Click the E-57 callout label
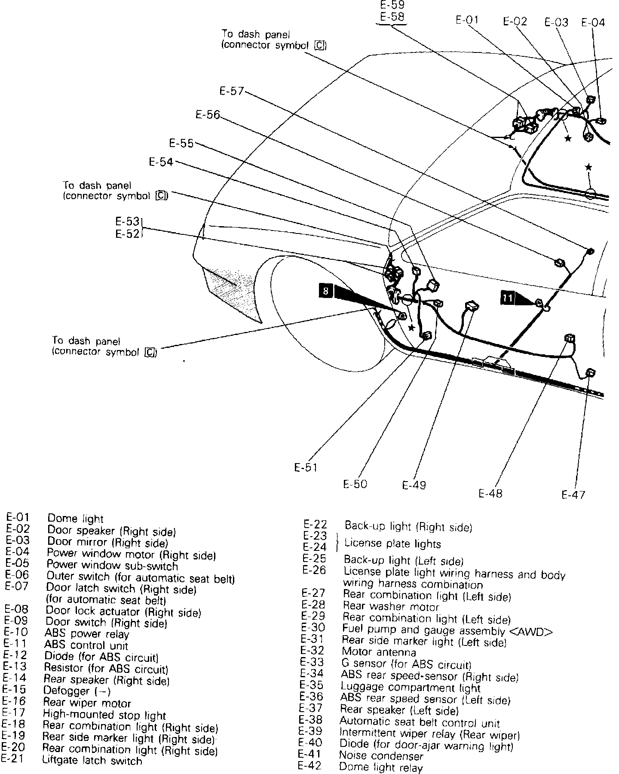(232, 91)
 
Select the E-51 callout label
(306, 467)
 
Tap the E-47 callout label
(573, 494)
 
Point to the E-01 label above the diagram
(467, 20)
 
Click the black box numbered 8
(325, 291)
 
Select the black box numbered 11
(508, 298)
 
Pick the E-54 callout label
(161, 162)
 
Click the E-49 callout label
(414, 485)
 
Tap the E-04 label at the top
(593, 22)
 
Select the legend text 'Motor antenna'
(373, 652)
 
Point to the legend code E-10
(15, 632)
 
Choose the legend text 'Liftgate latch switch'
(92, 761)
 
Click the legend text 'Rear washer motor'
(391, 607)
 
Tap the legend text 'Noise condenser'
(381, 756)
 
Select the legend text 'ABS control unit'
(86, 645)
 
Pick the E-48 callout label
(490, 493)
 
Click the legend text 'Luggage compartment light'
(410, 687)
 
